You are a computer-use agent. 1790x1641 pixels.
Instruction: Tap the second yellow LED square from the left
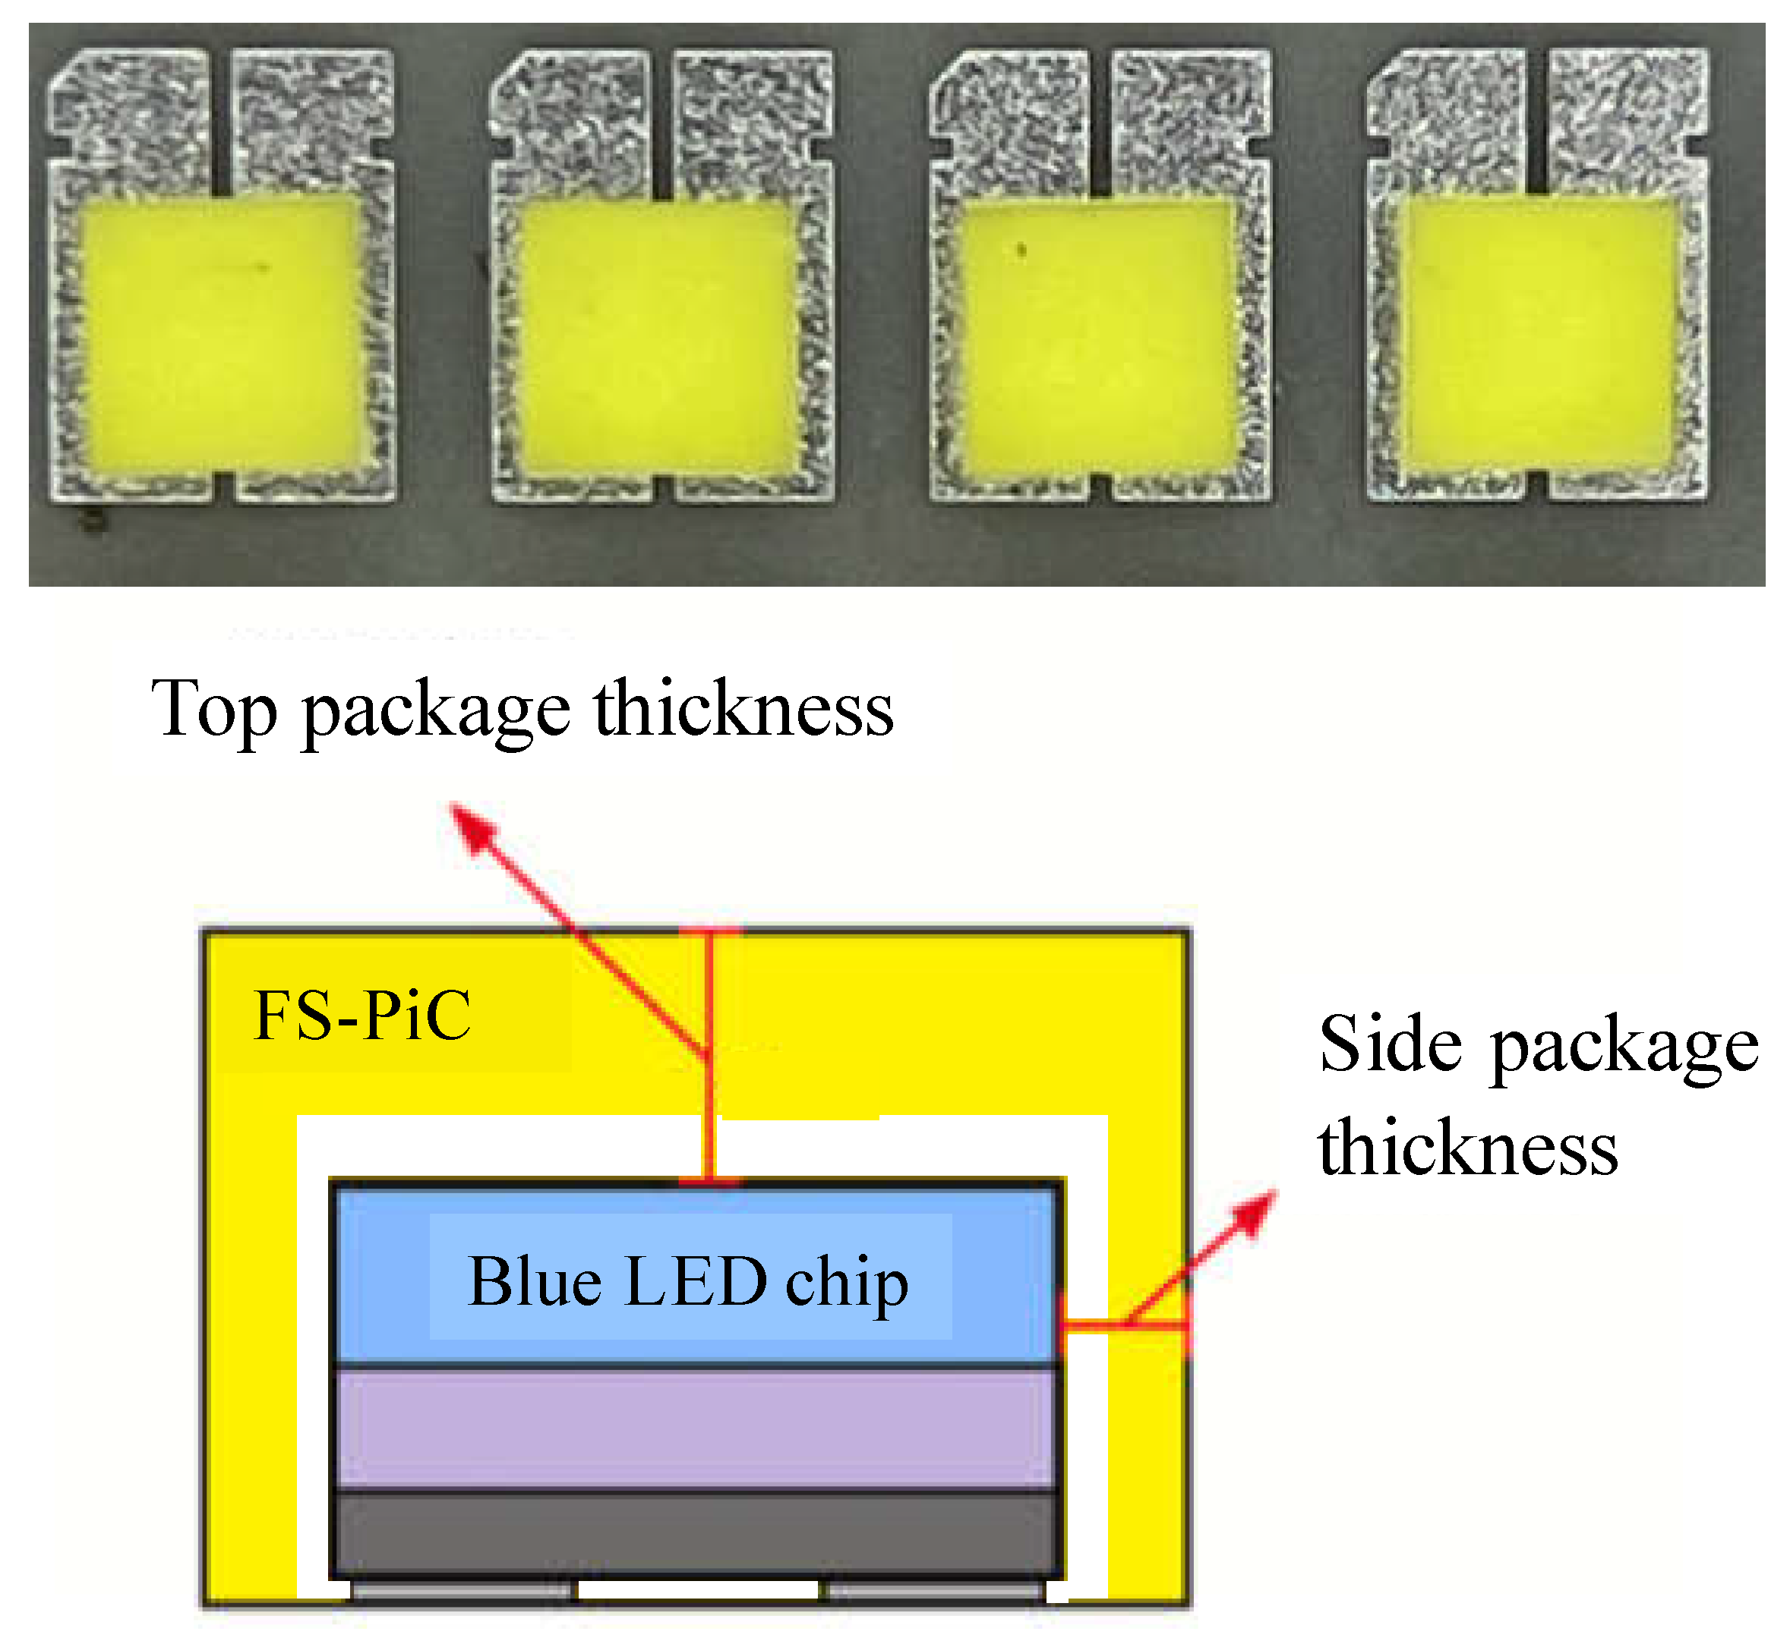point(658,335)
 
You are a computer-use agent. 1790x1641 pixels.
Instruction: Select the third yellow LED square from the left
point(1099,335)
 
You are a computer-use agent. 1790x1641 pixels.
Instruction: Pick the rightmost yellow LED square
point(1539,335)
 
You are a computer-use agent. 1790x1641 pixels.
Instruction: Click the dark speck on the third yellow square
point(1021,251)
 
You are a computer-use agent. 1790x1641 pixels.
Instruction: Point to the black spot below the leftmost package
point(93,521)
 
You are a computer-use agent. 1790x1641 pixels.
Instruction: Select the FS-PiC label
point(362,1016)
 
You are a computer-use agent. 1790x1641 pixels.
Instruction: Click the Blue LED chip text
point(689,1282)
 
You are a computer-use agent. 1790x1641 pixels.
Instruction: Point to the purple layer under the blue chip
point(697,1428)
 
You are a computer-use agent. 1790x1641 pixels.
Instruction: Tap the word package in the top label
point(435,711)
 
